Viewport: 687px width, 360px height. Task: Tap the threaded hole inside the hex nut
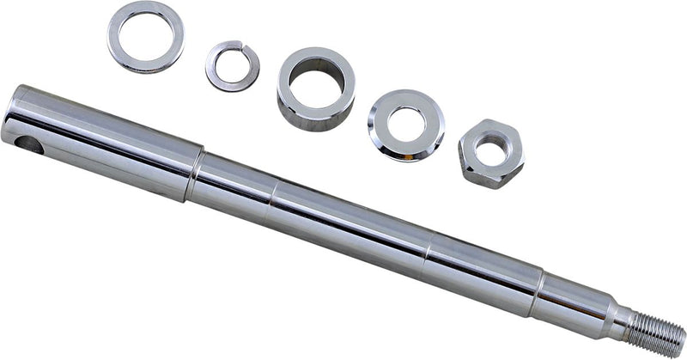click(x=490, y=153)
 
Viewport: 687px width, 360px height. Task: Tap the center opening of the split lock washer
click(x=232, y=65)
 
